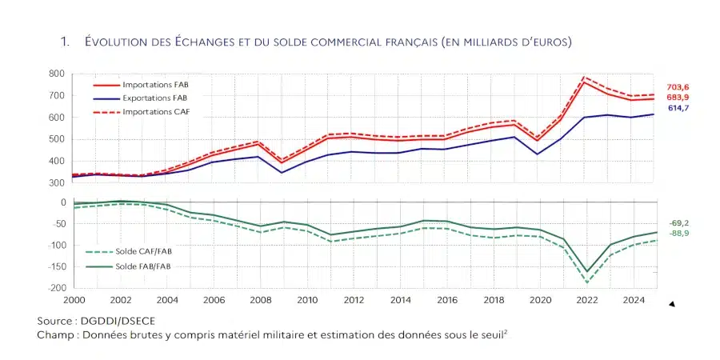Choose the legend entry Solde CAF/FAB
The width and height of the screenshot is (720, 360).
pyautogui.click(x=144, y=251)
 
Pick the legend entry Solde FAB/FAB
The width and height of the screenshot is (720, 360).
pyautogui.click(x=143, y=266)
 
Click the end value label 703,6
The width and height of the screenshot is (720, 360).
pyautogui.click(x=677, y=86)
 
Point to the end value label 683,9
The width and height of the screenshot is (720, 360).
pyautogui.click(x=677, y=96)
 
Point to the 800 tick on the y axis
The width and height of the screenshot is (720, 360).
pyautogui.click(x=56, y=74)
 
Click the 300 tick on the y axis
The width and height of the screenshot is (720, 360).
pyautogui.click(x=56, y=183)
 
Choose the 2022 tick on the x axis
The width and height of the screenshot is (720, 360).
pyautogui.click(x=586, y=301)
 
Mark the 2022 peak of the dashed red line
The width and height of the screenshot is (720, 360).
pyautogui.click(x=586, y=77)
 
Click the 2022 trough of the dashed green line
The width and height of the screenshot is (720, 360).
pyautogui.click(x=586, y=282)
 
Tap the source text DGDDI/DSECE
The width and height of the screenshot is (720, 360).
pyautogui.click(x=118, y=321)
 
